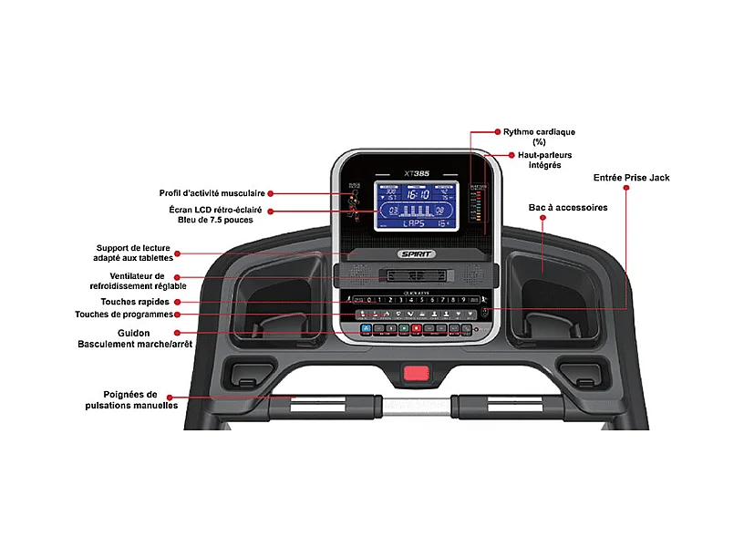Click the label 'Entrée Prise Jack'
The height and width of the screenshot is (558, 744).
(631, 178)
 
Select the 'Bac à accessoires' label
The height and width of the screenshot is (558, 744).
(567, 208)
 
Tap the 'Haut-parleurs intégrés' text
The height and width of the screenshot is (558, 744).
(545, 160)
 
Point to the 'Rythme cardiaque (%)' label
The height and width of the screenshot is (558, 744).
(539, 137)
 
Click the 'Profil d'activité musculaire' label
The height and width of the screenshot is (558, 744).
(212, 193)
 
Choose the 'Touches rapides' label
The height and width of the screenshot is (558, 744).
(135, 302)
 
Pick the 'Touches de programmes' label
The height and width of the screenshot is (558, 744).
(123, 315)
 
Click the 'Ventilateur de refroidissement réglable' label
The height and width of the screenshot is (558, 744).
(135, 280)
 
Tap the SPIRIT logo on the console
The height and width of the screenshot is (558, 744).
(417, 254)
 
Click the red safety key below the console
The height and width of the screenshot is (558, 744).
(417, 372)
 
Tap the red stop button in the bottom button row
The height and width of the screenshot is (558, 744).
(416, 328)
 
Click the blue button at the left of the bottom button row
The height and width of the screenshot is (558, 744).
(366, 328)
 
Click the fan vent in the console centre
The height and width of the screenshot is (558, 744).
(416, 274)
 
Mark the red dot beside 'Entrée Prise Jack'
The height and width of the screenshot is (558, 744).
(627, 189)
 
